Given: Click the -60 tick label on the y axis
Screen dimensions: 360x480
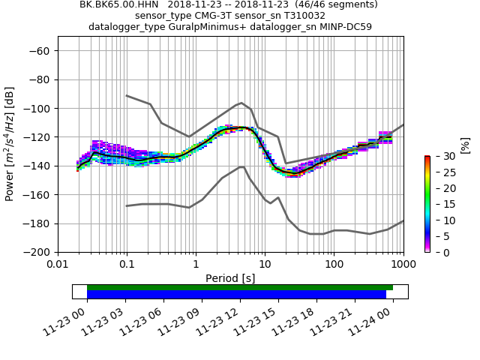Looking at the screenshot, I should click(39, 51).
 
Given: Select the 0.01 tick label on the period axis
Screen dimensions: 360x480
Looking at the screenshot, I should click(58, 264).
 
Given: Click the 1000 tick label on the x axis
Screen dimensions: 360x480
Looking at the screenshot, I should click(403, 264).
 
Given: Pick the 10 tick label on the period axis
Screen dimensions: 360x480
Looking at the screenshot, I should click(265, 264).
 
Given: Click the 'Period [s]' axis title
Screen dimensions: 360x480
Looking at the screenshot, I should click(230, 278).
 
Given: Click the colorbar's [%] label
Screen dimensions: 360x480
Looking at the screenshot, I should click(464, 145).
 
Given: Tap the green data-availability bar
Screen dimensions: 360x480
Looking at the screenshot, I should click(240, 287).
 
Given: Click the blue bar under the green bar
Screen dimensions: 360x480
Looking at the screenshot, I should click(236, 295).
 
